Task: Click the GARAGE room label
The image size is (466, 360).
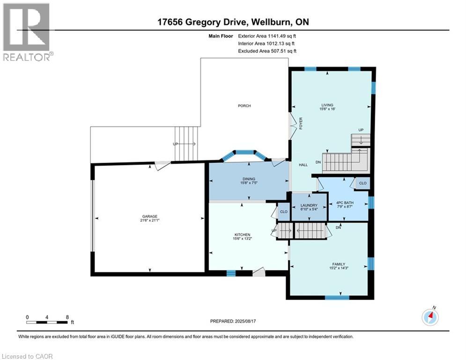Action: coord(149,216)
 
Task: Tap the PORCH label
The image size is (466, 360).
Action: coord(244,105)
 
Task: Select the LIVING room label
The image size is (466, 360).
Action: coord(327,105)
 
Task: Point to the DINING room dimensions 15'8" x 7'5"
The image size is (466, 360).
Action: coord(249,183)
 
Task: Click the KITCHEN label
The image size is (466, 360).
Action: coord(242,235)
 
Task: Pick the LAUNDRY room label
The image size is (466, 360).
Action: coord(309,205)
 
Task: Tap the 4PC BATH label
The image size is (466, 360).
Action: coord(345,202)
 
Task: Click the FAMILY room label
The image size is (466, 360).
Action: coord(339,264)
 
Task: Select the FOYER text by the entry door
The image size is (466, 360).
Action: coord(301,123)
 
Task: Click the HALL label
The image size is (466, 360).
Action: coord(303,165)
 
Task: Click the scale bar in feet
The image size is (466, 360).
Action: coord(47,322)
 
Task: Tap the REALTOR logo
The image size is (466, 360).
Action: coord(27,32)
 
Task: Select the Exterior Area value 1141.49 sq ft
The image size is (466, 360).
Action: coord(282,36)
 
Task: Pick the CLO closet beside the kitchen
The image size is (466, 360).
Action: coord(283,211)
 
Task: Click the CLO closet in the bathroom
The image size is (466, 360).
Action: coord(363,183)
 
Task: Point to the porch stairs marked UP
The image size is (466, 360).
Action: coord(186,144)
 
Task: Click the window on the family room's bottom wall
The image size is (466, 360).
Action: coord(337,298)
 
